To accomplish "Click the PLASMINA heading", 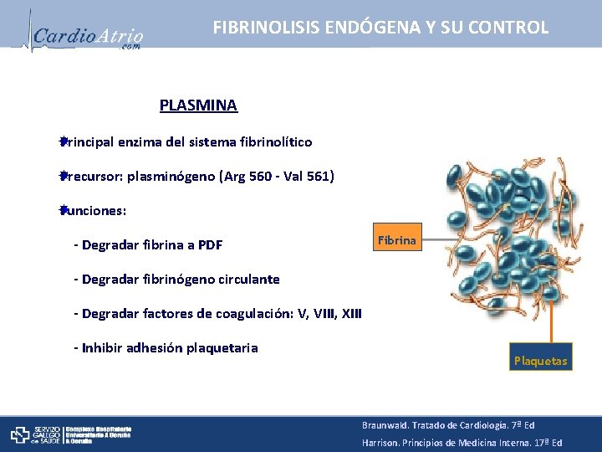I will coord(198,105).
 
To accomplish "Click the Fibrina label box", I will coord(396,240).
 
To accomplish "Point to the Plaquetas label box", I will coord(540,361).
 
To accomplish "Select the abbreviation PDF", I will coord(210,245).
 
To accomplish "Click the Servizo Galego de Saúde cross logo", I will coord(21,434).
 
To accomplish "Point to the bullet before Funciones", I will coord(62,210).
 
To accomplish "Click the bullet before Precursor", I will coord(62,176).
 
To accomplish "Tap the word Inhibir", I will coord(105,348).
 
